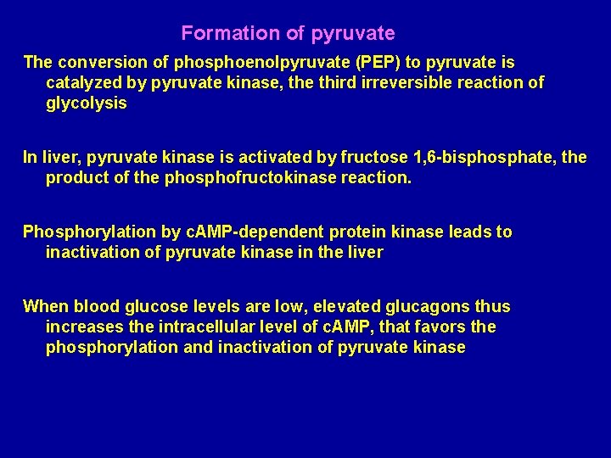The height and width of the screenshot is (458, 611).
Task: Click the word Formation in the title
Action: pos(219,34)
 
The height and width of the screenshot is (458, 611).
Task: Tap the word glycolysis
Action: pos(86,103)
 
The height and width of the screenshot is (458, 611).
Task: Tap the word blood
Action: pos(93,307)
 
